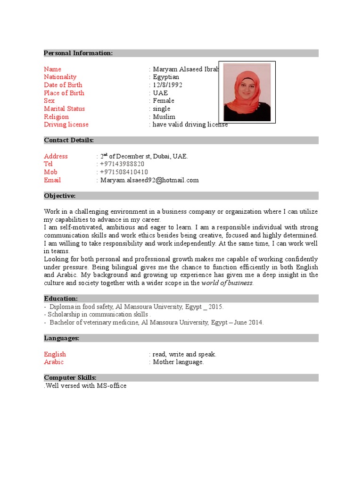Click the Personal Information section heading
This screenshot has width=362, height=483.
pos(78,53)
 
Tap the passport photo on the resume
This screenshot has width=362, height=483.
pos(247,92)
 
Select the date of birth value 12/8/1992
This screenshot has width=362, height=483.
pos(167,85)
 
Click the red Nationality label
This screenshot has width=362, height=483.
pos(60,77)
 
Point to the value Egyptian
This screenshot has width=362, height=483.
pos(166,77)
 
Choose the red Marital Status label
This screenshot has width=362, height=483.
pos(65,108)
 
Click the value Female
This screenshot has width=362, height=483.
pos(163,100)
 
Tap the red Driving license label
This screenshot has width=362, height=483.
pos(66,125)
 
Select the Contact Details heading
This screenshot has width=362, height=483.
pos(69,140)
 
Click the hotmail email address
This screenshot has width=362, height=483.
pos(149,180)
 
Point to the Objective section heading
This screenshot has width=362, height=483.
pos(59,196)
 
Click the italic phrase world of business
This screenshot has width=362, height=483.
pos(227,283)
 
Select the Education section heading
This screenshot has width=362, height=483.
pos(61,299)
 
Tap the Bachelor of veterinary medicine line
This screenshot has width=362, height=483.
pos(156,323)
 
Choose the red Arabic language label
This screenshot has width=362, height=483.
pos(54,362)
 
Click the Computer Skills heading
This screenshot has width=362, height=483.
pos(70,378)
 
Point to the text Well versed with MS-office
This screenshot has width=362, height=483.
pos(85,386)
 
